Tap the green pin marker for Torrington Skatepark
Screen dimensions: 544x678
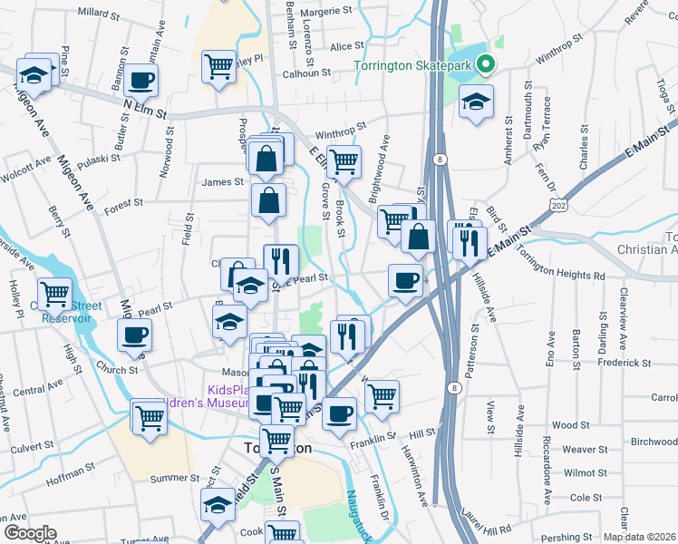point(486,64)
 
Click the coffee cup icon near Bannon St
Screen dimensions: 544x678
point(140,80)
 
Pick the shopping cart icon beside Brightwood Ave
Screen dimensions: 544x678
point(393,219)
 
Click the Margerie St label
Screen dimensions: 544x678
point(325,12)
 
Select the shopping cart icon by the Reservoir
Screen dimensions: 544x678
point(54,294)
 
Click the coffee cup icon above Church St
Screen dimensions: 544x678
point(135,335)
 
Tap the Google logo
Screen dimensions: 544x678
point(30,533)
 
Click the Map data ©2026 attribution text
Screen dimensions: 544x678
point(639,537)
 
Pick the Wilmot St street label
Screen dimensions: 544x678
point(584,473)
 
